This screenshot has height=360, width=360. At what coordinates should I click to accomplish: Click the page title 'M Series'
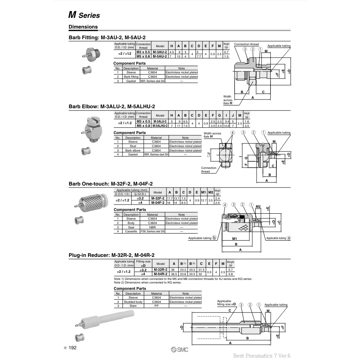[x=84, y=15]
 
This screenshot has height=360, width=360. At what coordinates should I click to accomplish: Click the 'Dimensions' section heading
[x=83, y=27]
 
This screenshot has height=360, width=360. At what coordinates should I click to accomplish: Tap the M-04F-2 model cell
[x=157, y=203]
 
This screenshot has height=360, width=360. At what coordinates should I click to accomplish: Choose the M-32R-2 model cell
[x=161, y=270]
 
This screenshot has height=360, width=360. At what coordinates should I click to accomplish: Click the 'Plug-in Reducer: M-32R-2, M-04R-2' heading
[x=111, y=255]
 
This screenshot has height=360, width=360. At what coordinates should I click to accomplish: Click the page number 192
[x=73, y=348]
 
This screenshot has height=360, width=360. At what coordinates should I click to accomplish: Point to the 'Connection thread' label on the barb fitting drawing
[x=246, y=44]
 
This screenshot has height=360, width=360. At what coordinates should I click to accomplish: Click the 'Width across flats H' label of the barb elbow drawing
[x=212, y=135]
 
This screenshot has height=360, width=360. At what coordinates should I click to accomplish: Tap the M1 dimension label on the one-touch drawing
[x=235, y=239]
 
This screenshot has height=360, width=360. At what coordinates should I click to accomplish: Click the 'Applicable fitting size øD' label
[x=226, y=303]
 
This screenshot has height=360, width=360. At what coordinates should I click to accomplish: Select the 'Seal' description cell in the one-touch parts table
[x=131, y=227]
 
